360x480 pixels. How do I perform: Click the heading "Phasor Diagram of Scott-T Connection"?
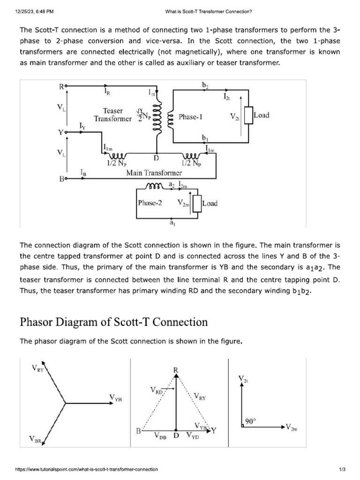tap(113, 322)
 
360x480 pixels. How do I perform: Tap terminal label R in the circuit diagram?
tap(61, 87)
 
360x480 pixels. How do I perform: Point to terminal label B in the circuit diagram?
tap(61, 179)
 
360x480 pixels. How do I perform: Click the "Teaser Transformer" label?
tap(112, 115)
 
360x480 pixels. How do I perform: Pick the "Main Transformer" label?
tap(148, 173)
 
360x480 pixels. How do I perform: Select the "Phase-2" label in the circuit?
tap(150, 203)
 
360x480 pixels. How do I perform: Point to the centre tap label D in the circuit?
tap(157, 158)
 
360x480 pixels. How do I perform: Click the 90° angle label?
tap(251, 421)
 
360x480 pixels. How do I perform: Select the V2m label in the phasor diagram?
tap(291, 428)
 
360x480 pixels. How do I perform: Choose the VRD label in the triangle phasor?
tap(157, 390)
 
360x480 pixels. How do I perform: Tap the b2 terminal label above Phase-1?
tap(205, 85)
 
